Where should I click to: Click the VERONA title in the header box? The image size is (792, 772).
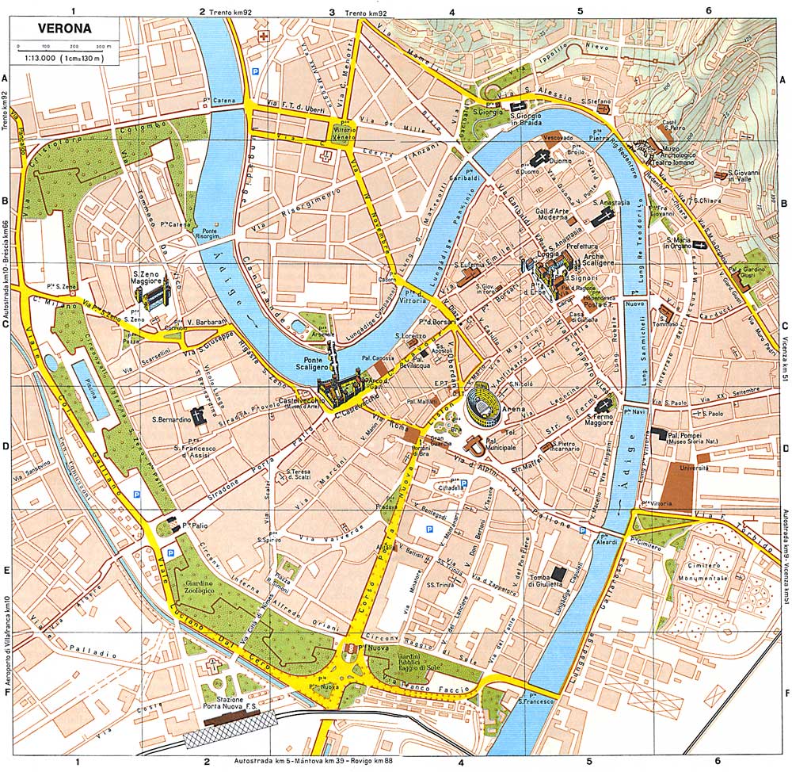click(64, 29)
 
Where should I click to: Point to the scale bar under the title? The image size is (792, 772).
click(64, 48)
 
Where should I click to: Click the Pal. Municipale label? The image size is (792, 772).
click(500, 444)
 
